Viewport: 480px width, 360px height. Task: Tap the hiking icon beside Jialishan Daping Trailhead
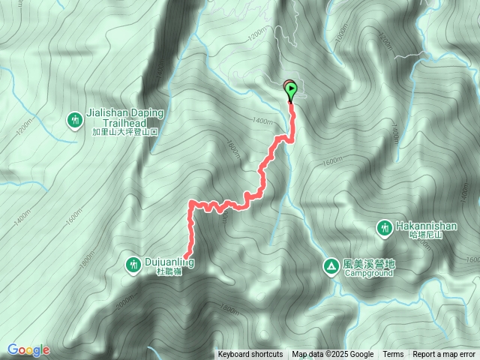(75, 119)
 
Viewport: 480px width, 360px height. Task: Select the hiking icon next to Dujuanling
(133, 263)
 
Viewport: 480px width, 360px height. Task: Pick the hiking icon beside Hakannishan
(384, 226)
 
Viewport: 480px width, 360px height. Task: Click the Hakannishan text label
(424, 224)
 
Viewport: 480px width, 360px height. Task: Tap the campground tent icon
(331, 265)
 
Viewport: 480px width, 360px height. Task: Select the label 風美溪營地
(369, 264)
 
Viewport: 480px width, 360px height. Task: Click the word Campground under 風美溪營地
(369, 274)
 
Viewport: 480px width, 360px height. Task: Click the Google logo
(28, 349)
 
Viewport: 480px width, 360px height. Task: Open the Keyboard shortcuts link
(250, 355)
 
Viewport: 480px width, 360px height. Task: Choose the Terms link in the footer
(393, 355)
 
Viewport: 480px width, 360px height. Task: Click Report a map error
(445, 355)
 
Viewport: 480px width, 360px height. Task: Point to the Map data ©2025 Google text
(333, 355)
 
